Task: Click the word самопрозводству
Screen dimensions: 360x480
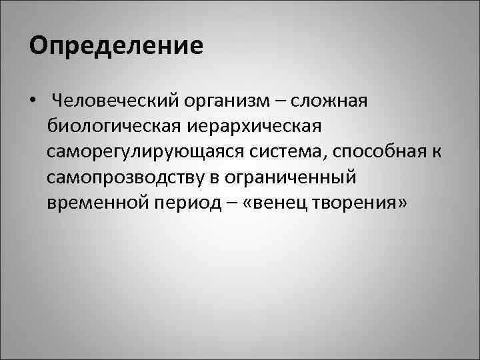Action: (129, 178)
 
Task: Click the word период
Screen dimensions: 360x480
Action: (185, 203)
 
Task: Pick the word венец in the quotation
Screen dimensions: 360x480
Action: (277, 203)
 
